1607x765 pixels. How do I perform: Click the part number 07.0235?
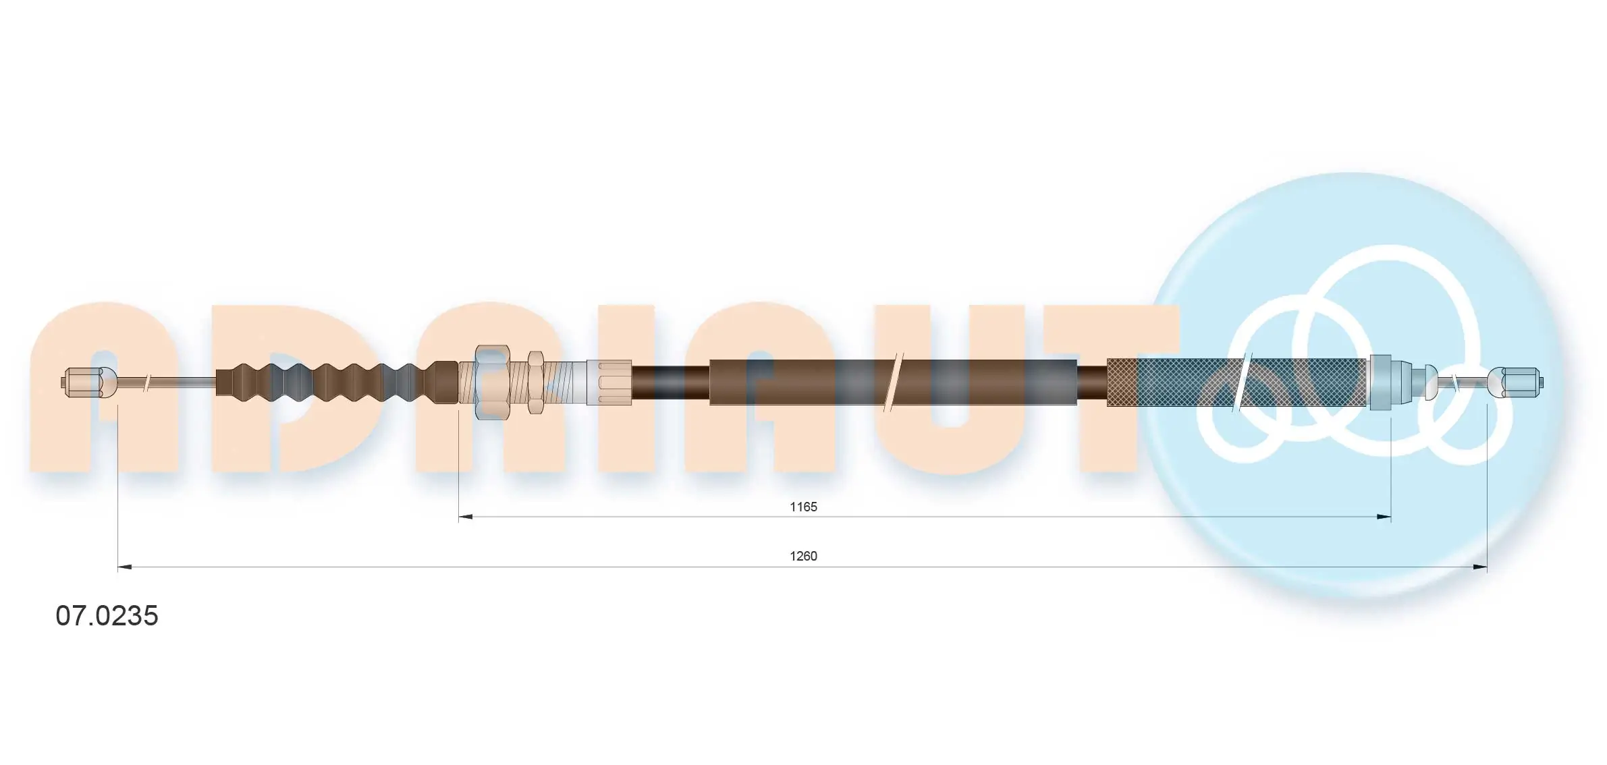pyautogui.click(x=107, y=616)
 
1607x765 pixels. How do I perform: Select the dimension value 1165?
pyautogui.click(x=803, y=507)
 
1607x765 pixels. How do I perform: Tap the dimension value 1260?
pyautogui.click(x=803, y=556)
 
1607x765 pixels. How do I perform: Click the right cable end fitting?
pyautogui.click(x=1515, y=382)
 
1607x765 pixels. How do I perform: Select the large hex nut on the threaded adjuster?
pyautogui.click(x=492, y=382)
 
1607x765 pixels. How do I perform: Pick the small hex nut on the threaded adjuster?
pyautogui.click(x=536, y=382)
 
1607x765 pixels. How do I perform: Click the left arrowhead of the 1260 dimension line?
pyautogui.click(x=125, y=567)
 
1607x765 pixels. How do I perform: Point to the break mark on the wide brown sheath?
pyautogui.click(x=893, y=382)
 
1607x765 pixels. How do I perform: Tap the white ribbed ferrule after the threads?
pyautogui.click(x=609, y=382)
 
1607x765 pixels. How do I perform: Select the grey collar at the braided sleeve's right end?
pyautogui.click(x=1380, y=382)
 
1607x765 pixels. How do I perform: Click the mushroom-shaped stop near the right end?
pyautogui.click(x=1430, y=382)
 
